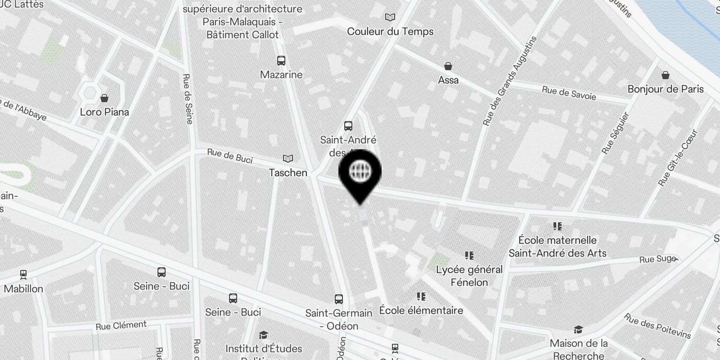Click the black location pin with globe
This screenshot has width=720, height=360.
pyautogui.click(x=360, y=173)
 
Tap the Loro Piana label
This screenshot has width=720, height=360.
pyautogui.click(x=104, y=112)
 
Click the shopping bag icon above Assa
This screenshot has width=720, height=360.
pyautogui.click(x=448, y=67)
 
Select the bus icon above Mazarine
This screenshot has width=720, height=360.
pyautogui.click(x=281, y=61)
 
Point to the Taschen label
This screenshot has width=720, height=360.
pyautogui.click(x=288, y=173)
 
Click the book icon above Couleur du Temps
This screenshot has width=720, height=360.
pyautogui.click(x=390, y=18)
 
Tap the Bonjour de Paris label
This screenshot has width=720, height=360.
pyautogui.click(x=666, y=89)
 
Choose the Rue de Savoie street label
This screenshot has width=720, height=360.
pyautogui.click(x=569, y=93)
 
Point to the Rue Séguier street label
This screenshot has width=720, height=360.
pyautogui.click(x=616, y=133)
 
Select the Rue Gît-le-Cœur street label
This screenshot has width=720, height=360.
pyautogui.click(x=677, y=158)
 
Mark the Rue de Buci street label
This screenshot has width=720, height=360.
pyautogui.click(x=230, y=156)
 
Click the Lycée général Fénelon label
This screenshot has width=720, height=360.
pyautogui.click(x=469, y=276)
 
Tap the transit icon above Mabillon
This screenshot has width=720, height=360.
pyautogui.click(x=23, y=274)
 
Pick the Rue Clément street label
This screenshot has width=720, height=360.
pyautogui.click(x=121, y=325)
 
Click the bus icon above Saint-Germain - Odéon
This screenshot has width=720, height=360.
pyautogui.click(x=339, y=299)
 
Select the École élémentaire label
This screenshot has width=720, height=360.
pyautogui.click(x=421, y=310)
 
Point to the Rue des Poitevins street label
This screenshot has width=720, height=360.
pyautogui.click(x=657, y=326)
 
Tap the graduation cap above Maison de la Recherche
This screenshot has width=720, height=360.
pyautogui.click(x=579, y=330)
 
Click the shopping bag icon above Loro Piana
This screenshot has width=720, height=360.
pyautogui.click(x=104, y=98)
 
